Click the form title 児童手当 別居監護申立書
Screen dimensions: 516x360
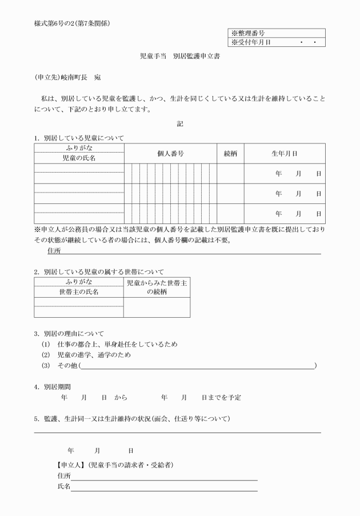coord(180,57)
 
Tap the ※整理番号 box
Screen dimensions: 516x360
coord(277,34)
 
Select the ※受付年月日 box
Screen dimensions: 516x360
coord(277,42)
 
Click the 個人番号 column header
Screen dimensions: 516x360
coord(170,154)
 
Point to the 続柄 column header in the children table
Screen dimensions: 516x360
coord(230,154)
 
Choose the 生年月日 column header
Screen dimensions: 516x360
coord(284,154)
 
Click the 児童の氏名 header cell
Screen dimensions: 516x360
coord(79,158)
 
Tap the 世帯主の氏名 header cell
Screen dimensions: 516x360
coord(79,292)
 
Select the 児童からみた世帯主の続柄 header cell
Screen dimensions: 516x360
coord(157,287)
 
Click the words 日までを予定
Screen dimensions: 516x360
coord(221,397)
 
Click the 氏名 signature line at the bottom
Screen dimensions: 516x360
coord(164,487)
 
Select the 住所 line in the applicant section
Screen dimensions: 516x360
coord(164,477)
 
